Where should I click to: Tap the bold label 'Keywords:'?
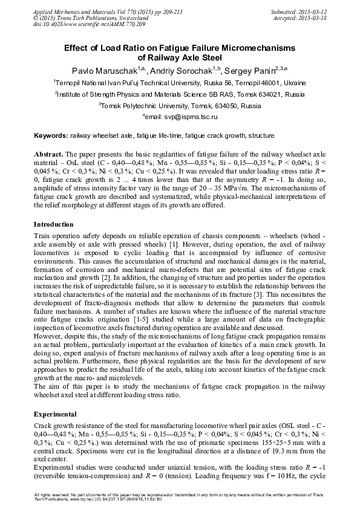51,136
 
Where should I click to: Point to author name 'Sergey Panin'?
247,71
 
